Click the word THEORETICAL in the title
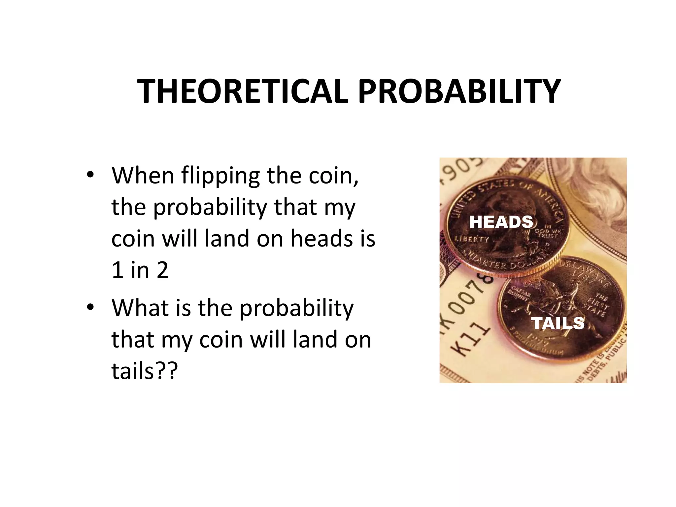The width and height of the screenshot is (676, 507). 243,91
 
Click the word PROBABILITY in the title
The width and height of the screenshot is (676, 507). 459,91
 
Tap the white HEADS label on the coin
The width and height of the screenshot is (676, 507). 501,222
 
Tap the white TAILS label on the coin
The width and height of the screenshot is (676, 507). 558,323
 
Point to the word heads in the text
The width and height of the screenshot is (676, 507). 320,239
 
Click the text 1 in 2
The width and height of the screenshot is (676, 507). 140,270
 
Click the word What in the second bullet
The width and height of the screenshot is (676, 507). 140,308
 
